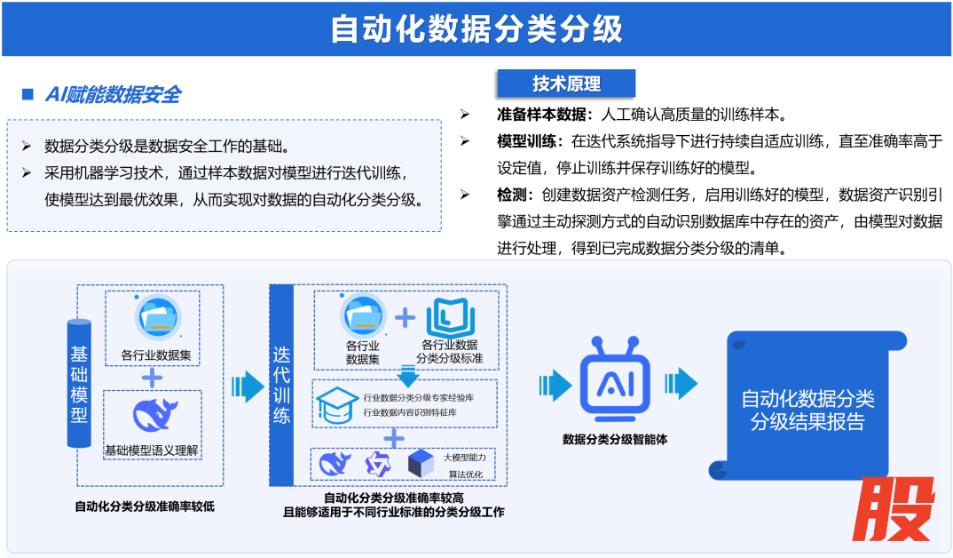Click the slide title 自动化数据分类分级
(476, 29)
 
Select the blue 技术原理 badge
(566, 84)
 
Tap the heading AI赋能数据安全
(113, 95)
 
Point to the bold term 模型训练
(525, 140)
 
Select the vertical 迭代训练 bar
(281, 385)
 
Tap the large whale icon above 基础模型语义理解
(154, 415)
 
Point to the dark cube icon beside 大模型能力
(419, 463)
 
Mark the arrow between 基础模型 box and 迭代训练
(248, 387)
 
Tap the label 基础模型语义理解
(153, 451)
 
